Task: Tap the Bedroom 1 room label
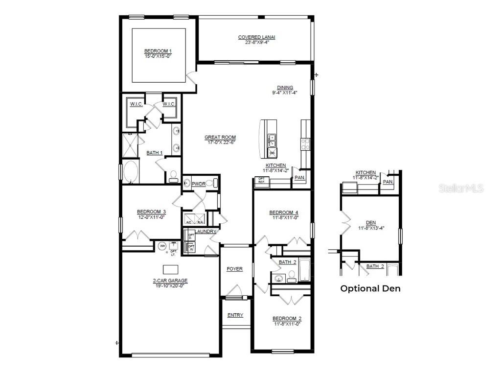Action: (x=158, y=51)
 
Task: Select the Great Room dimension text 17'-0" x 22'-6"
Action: (x=220, y=142)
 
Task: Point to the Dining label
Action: (x=285, y=88)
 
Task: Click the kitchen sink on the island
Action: (x=272, y=141)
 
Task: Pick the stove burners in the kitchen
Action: (x=305, y=143)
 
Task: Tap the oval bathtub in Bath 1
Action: (x=131, y=172)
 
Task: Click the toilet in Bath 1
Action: (x=173, y=176)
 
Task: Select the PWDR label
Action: (x=198, y=184)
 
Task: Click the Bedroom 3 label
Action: (x=151, y=212)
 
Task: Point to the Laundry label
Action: (x=206, y=232)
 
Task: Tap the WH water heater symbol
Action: (x=162, y=246)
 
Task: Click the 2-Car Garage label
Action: (x=170, y=281)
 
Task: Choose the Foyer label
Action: (x=235, y=269)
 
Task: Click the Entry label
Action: (x=235, y=315)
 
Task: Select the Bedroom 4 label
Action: (x=284, y=212)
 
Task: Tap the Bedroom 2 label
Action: (x=286, y=318)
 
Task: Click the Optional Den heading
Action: (x=370, y=288)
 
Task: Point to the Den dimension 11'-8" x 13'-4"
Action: (x=371, y=227)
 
